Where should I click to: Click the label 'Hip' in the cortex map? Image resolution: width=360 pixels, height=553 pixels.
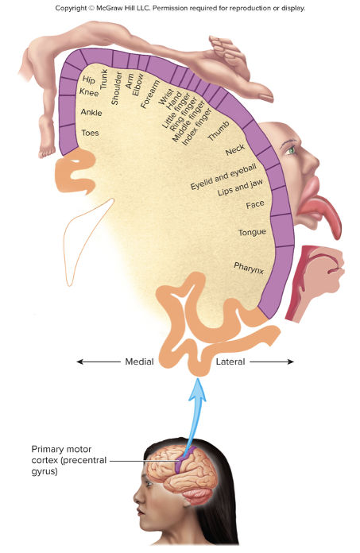tap(89, 80)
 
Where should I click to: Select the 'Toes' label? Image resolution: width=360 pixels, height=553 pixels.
tap(91, 133)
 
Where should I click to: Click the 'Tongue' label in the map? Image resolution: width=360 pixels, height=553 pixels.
tap(252, 233)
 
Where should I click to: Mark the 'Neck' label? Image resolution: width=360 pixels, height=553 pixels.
tap(234, 149)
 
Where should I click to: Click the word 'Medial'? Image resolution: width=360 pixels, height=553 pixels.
tap(139, 362)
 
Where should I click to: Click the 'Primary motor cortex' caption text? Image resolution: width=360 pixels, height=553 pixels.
tap(68, 459)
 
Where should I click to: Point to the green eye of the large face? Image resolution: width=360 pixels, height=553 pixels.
tap(291, 150)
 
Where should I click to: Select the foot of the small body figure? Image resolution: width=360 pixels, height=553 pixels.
tap(48, 146)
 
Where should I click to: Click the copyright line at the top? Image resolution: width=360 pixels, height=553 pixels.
tap(180, 8)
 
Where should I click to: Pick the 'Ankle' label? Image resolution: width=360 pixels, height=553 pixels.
tap(91, 112)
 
